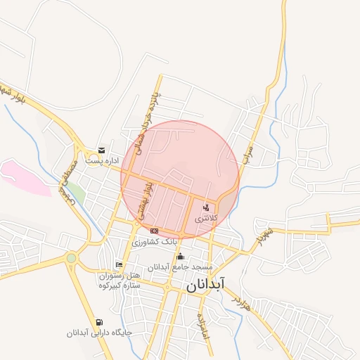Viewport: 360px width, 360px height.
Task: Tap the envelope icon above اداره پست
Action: [102, 150]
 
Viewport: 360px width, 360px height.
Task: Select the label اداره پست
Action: [102, 161]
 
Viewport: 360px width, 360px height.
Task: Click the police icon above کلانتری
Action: [206, 207]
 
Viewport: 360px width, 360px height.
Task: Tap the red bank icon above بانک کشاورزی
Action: [154, 231]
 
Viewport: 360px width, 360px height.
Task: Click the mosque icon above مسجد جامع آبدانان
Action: [180, 256]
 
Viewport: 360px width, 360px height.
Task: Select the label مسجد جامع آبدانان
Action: [180, 267]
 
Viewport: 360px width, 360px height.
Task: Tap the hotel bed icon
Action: [120, 264]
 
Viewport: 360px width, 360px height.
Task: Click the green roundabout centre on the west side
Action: [71, 258]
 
